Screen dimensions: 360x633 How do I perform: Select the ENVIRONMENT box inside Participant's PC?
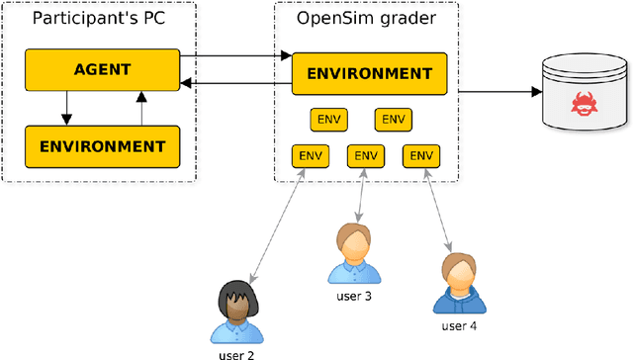[x=102, y=145]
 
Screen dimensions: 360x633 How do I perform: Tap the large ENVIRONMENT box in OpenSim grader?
[x=369, y=73]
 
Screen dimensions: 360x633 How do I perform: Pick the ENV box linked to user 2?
[x=311, y=155]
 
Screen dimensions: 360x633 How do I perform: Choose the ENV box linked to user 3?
[x=366, y=155]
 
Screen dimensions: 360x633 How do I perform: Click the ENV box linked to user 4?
[x=421, y=155]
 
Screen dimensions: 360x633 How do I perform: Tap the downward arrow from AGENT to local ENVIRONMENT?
[x=66, y=108]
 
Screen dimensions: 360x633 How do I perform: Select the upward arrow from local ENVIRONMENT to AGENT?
[x=141, y=108]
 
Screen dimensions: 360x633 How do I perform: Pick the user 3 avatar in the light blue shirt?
[x=352, y=254]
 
